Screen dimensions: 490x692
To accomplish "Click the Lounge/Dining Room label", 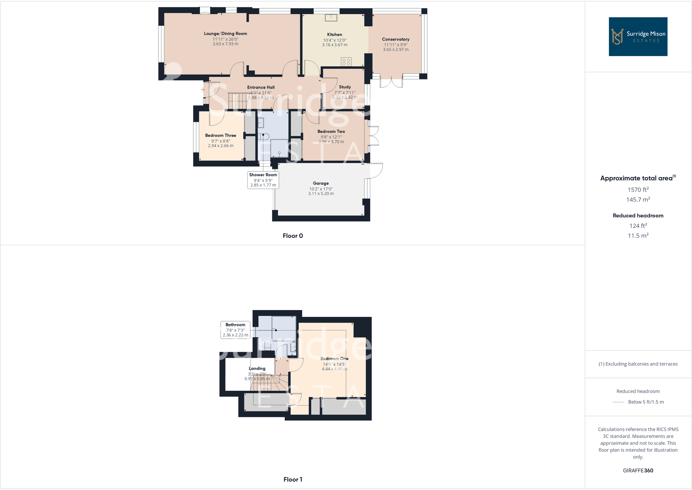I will pyautogui.click(x=225, y=33).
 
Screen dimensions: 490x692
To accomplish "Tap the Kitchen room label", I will pyautogui.click(x=335, y=34).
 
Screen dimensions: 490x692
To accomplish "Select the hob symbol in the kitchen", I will pyautogui.click(x=346, y=62).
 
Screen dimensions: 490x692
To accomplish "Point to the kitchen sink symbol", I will pyautogui.click(x=331, y=17).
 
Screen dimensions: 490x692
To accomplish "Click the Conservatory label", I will pyautogui.click(x=396, y=39).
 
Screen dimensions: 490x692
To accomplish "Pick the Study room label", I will pyautogui.click(x=345, y=87).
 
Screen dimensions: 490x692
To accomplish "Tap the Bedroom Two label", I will pyautogui.click(x=331, y=131).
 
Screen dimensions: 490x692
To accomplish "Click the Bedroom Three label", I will pyautogui.click(x=221, y=136).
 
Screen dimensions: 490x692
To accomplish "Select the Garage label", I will pyautogui.click(x=321, y=183).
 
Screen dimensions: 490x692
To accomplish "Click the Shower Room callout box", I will pyautogui.click(x=263, y=180).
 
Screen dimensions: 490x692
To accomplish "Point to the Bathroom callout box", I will pyautogui.click(x=235, y=330).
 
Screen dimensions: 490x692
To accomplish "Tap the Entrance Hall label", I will pyautogui.click(x=261, y=87).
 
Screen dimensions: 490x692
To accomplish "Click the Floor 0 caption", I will pyautogui.click(x=292, y=236).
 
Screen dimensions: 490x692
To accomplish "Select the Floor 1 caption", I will pyautogui.click(x=292, y=480).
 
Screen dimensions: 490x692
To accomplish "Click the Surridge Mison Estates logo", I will pyautogui.click(x=638, y=37).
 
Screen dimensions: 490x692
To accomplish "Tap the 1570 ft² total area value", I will pyautogui.click(x=638, y=190).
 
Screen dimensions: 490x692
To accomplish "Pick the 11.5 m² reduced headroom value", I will pyautogui.click(x=638, y=236).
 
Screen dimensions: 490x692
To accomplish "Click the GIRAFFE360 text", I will pyautogui.click(x=638, y=470).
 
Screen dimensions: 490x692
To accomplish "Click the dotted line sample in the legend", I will pyautogui.click(x=618, y=402).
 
